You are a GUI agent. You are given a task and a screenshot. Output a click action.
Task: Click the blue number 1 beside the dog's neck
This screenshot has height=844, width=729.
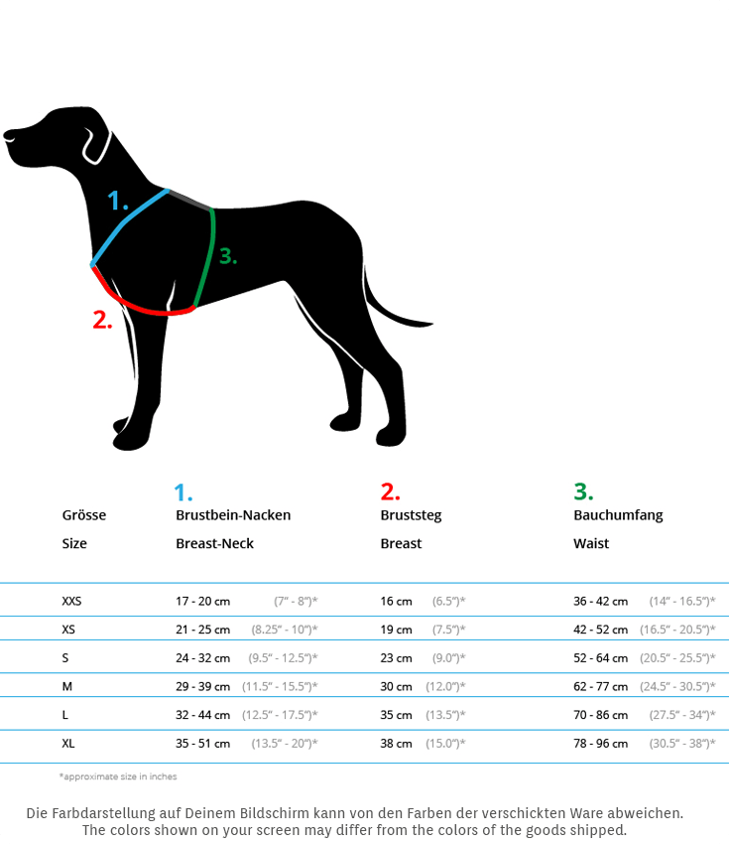(x=118, y=202)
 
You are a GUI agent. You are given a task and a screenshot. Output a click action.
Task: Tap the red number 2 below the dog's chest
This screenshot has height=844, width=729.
(x=102, y=320)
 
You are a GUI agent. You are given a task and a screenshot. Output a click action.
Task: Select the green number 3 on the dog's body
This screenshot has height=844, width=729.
(x=228, y=256)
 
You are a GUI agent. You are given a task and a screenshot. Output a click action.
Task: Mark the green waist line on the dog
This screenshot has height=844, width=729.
(x=207, y=258)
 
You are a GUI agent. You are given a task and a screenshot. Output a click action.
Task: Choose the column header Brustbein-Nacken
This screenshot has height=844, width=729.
(x=233, y=515)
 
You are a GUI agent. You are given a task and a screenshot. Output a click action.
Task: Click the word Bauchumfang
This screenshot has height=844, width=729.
(x=618, y=515)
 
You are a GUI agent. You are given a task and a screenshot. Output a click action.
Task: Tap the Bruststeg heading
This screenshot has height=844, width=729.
(x=411, y=515)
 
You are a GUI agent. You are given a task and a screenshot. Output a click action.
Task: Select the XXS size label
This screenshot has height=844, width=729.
(x=71, y=601)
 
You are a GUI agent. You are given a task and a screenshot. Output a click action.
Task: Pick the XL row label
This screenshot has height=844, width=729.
(x=68, y=743)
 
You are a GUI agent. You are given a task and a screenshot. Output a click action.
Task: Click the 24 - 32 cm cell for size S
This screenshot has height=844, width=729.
(x=202, y=657)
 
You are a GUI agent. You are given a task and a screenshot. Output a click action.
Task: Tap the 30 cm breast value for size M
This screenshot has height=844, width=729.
(x=396, y=686)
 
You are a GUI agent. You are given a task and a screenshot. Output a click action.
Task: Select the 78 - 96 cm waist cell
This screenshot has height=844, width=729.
(x=600, y=743)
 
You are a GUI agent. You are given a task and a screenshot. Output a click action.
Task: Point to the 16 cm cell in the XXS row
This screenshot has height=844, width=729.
(x=396, y=601)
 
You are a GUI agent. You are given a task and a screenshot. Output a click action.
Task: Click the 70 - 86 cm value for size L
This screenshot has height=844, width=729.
(x=600, y=715)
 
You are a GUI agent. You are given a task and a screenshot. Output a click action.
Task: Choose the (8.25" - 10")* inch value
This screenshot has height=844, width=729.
(x=285, y=630)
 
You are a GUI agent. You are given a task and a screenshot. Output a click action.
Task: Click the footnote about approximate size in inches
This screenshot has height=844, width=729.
(x=118, y=776)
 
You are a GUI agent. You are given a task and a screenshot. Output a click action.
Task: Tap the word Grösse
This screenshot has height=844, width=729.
(x=84, y=515)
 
